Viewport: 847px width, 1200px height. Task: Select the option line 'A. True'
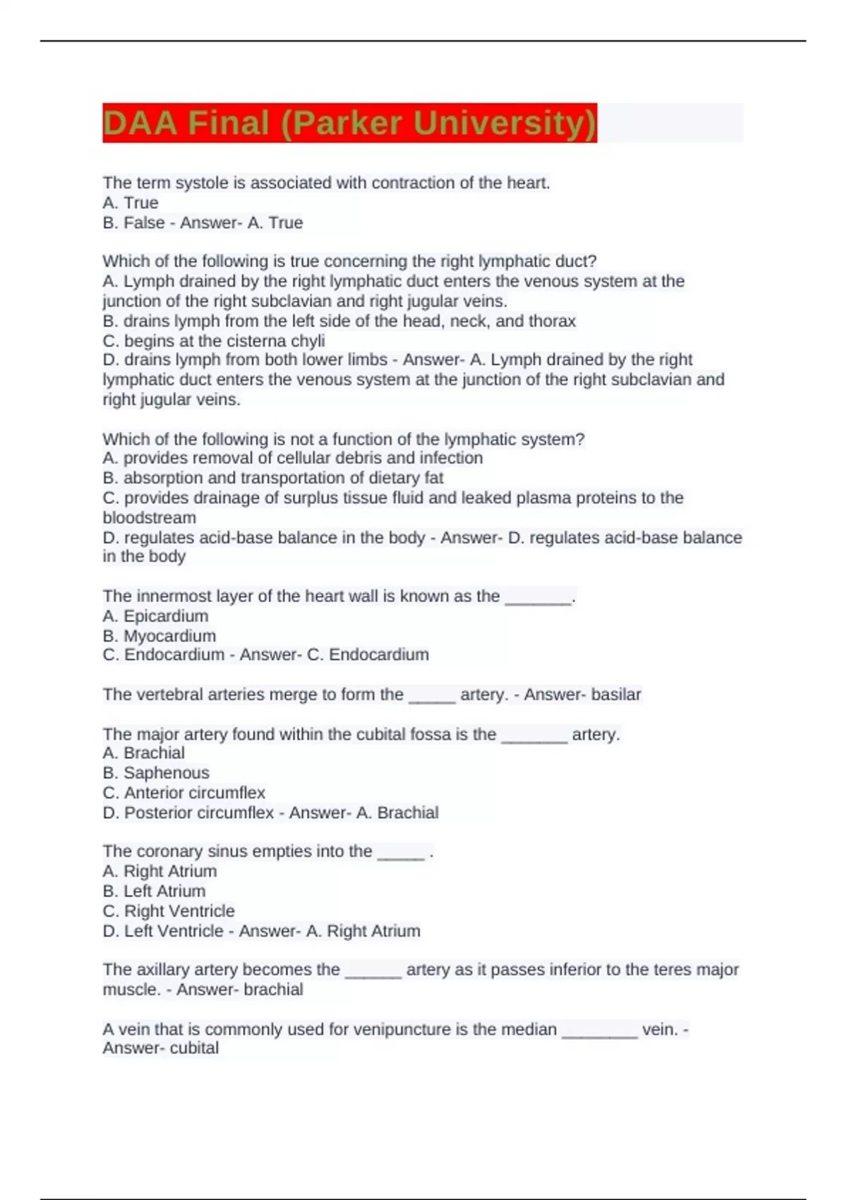coord(131,203)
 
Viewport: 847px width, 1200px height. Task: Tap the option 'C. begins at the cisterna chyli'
coord(214,341)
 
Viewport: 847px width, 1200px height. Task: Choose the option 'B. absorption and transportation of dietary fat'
coord(273,478)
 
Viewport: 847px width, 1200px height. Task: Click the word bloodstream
coord(150,517)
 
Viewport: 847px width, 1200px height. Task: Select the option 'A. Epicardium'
coord(155,616)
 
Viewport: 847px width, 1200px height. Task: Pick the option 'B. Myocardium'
coord(160,636)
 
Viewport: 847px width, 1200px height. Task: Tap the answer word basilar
coord(616,695)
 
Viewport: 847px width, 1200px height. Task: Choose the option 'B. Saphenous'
coord(156,773)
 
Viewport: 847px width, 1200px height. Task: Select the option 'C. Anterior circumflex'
coord(184,793)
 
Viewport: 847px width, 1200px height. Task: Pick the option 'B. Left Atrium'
coord(154,892)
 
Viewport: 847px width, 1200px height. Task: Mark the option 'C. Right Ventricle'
coord(169,911)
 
